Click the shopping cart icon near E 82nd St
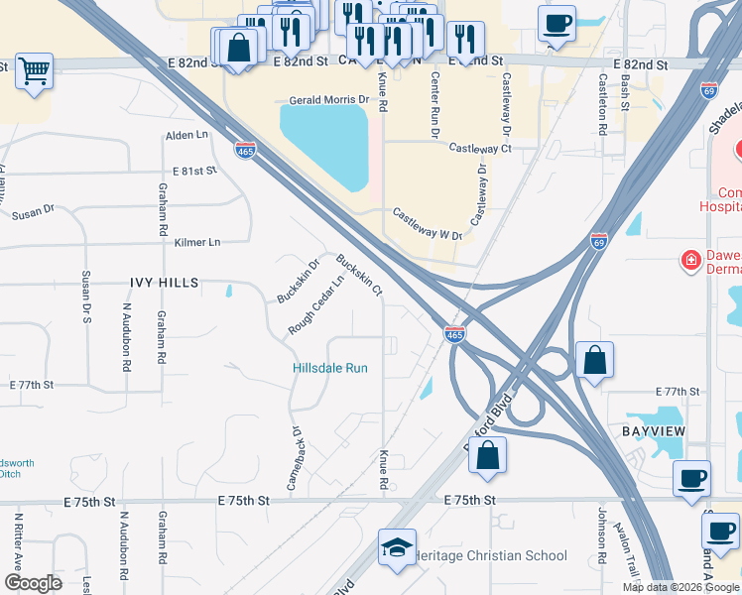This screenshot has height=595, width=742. coord(34,71)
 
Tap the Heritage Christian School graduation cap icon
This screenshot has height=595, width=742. coord(396,548)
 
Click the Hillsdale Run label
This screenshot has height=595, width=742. coord(330,368)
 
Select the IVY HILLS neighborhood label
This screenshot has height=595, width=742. coord(165,282)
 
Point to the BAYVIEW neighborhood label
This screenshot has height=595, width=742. coord(655,433)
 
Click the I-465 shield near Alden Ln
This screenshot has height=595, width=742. coord(246,151)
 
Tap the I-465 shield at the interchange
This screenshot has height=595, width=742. coord(454,335)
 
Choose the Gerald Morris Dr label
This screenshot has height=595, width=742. coord(328,100)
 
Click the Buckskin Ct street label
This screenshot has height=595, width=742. coord(359,276)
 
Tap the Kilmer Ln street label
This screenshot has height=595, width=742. coord(197,242)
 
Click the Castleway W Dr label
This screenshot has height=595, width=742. coord(428,224)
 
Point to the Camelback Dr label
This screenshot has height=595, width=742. coord(294,458)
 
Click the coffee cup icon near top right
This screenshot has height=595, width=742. coord(557,23)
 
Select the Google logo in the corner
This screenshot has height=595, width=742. coord(33,583)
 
